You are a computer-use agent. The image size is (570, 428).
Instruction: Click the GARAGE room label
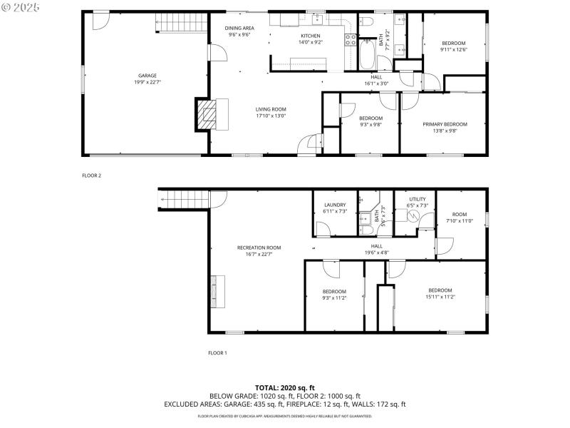(x=147, y=76)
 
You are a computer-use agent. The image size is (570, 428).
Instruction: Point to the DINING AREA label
(x=239, y=28)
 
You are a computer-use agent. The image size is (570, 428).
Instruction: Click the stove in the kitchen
(x=351, y=40)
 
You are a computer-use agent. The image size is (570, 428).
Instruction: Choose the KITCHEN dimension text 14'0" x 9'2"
(x=310, y=43)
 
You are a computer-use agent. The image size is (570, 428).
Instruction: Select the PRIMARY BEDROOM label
(x=445, y=124)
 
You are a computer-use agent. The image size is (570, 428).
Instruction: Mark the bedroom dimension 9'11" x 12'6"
(x=453, y=50)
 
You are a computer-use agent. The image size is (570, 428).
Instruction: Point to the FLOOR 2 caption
(x=92, y=175)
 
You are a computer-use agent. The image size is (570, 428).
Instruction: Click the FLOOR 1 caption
(x=217, y=352)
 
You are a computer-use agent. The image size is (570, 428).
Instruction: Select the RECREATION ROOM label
(x=259, y=248)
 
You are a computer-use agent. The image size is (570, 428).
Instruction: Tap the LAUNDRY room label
(x=334, y=205)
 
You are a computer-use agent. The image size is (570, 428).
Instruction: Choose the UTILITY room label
(x=417, y=199)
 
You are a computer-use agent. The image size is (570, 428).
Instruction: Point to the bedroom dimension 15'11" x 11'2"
(x=440, y=297)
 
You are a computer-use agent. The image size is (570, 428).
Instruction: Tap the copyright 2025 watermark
(x=21, y=6)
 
